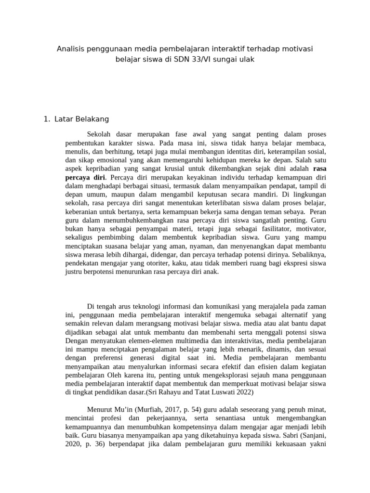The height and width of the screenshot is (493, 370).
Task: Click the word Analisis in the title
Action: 71,49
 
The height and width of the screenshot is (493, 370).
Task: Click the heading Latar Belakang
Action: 82,118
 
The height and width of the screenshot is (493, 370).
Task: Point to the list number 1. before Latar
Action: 47,118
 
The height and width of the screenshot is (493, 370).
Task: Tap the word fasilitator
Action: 269,229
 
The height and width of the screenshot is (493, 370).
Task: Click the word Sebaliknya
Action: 307,254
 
